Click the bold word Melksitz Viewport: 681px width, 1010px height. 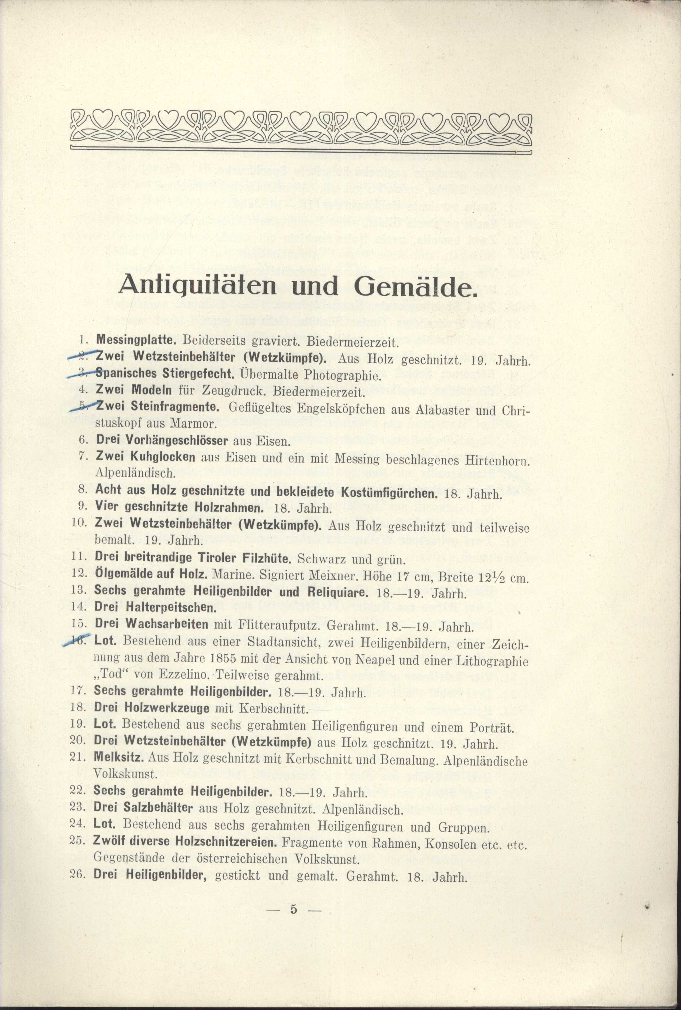[119, 757]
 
